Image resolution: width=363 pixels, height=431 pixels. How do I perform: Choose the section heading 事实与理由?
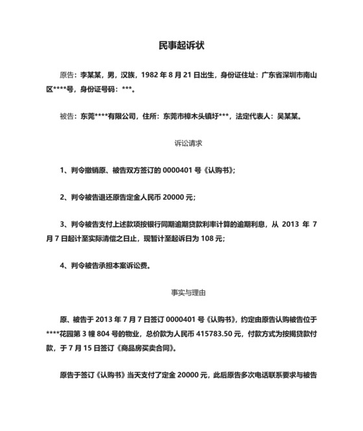[181, 292]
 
